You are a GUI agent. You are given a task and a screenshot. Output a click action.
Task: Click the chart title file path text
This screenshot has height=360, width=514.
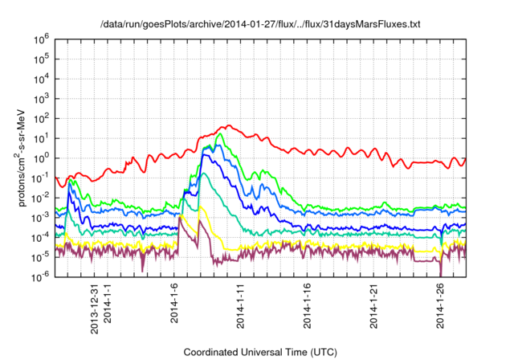coord(260,25)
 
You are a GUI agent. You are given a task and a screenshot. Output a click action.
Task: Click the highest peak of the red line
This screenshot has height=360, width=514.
coord(229,125)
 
